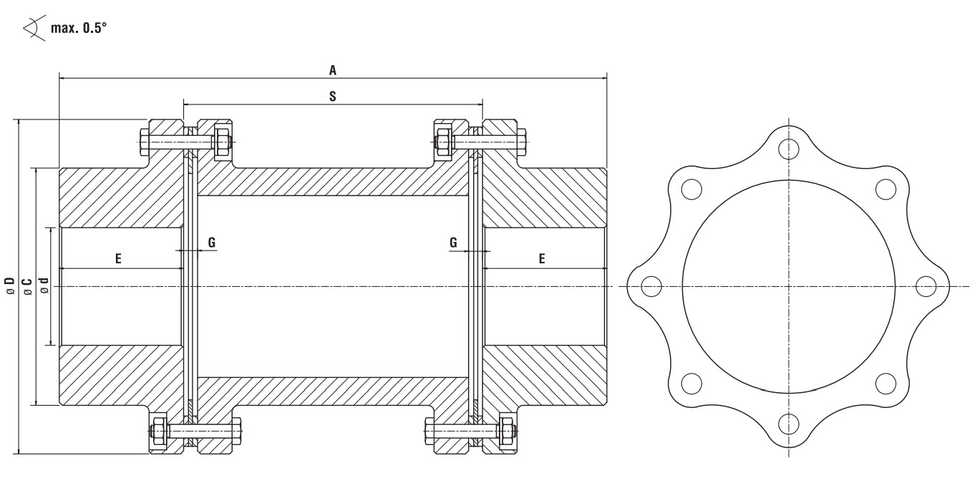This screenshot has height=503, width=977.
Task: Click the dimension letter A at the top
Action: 333,69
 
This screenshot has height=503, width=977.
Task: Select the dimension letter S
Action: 333,95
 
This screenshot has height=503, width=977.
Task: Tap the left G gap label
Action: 212,243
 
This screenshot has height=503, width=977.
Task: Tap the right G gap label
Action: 454,243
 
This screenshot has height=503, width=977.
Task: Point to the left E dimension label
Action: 119,258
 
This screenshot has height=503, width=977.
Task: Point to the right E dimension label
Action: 542,258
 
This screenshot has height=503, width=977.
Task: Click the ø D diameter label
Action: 10,286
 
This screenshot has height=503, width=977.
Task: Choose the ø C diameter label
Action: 27,286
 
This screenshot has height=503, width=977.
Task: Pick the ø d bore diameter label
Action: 44,286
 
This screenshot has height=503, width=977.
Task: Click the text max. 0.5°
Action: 79,29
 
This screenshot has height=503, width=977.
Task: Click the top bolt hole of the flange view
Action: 789,149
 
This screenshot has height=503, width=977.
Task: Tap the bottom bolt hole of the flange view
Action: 789,424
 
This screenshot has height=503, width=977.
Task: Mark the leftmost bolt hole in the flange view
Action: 651,286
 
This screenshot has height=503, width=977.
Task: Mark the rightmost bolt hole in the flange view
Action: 926,286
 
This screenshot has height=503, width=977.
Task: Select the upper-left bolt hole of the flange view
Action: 691,189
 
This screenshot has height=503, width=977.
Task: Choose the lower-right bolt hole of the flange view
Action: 885,384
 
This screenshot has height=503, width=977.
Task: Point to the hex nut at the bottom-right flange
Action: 509,431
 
